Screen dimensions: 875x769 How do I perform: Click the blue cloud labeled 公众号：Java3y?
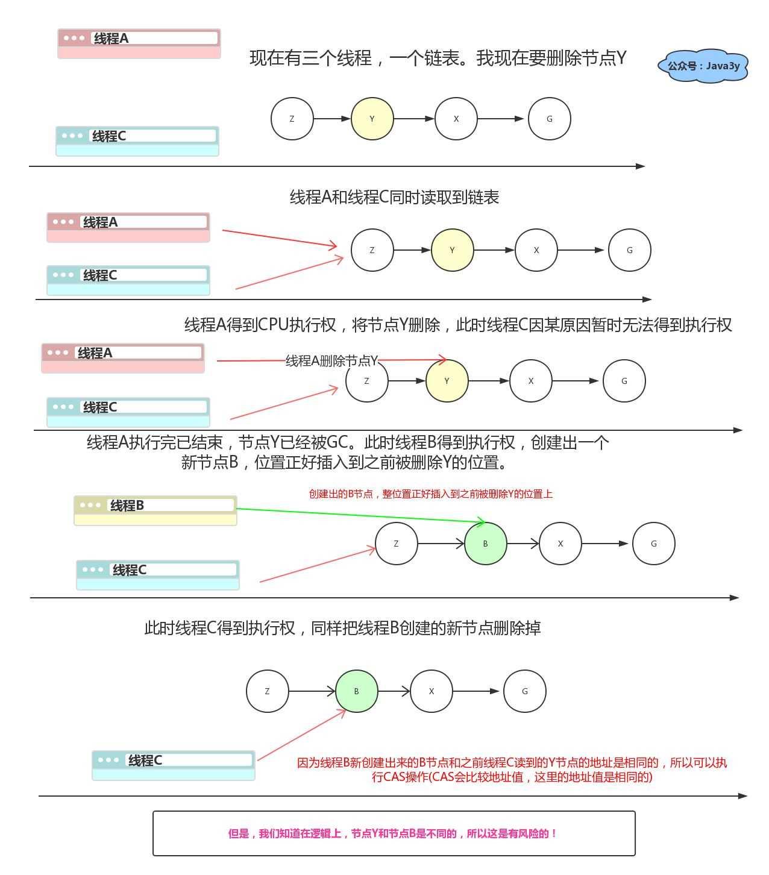point(703,66)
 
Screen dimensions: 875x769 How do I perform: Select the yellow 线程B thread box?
point(155,510)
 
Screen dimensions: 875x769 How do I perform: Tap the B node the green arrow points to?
point(485,544)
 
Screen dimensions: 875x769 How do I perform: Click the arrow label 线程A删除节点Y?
point(331,361)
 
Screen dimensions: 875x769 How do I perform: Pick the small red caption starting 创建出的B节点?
point(430,494)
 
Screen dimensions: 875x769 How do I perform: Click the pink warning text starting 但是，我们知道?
point(394,833)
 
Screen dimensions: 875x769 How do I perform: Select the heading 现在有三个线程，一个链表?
point(438,58)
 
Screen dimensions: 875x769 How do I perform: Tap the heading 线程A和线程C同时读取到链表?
point(394,198)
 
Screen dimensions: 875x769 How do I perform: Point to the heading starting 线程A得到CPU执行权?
point(458,325)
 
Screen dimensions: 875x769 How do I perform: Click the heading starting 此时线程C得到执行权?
point(342,628)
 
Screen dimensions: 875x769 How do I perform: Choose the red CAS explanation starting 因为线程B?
point(512,770)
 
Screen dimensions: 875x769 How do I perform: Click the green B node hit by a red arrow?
point(356,691)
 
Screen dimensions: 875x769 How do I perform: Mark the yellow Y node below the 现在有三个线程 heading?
point(372,119)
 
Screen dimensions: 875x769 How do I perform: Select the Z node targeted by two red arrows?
point(372,250)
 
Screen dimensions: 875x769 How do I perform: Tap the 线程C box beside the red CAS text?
point(173,765)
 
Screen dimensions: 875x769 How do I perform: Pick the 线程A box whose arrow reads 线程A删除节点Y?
point(122,358)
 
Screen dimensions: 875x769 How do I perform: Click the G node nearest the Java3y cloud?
point(549,119)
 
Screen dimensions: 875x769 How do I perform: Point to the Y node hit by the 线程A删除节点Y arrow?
point(447,381)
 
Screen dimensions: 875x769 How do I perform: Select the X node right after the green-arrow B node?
point(560,544)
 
